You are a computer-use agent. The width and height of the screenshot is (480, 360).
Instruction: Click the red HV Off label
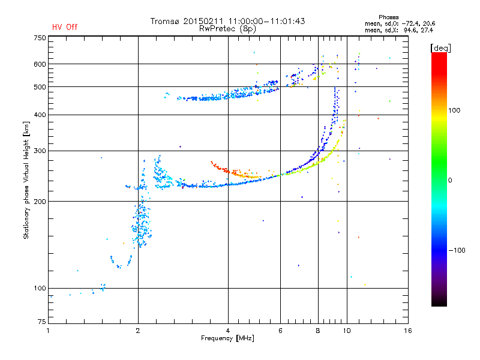pyautogui.click(x=65, y=27)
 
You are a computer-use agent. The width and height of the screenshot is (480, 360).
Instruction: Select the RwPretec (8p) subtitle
pyautogui.click(x=227, y=29)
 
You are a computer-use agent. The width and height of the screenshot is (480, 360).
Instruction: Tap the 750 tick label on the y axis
pyautogui.click(x=40, y=38)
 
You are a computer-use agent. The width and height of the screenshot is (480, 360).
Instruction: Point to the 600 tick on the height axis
pyautogui.click(x=40, y=64)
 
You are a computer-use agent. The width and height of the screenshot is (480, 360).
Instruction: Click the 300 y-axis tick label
pyautogui.click(x=40, y=151)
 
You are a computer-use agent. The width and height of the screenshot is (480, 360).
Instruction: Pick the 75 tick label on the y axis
pyautogui.click(x=42, y=322)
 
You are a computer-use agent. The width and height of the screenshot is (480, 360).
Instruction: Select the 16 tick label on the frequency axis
pyautogui.click(x=407, y=331)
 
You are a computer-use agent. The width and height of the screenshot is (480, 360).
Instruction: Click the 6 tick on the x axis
pyautogui.click(x=280, y=331)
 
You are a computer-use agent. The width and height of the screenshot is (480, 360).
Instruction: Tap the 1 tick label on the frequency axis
pyautogui.click(x=48, y=331)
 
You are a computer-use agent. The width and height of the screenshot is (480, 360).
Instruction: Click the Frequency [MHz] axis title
pyautogui.click(x=227, y=338)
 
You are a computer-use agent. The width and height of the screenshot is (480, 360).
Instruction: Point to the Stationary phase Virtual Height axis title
pyautogui.click(x=26, y=181)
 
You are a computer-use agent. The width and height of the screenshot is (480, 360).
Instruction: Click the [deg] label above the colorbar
pyautogui.click(x=440, y=49)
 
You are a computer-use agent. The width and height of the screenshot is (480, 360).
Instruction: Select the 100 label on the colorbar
pyautogui.click(x=454, y=110)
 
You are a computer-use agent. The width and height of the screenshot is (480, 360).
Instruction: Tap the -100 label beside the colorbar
pyautogui.click(x=457, y=250)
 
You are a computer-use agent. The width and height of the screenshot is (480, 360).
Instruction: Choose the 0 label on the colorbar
pyautogui.click(x=450, y=181)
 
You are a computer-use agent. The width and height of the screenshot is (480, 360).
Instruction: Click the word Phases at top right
pyautogui.click(x=388, y=17)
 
